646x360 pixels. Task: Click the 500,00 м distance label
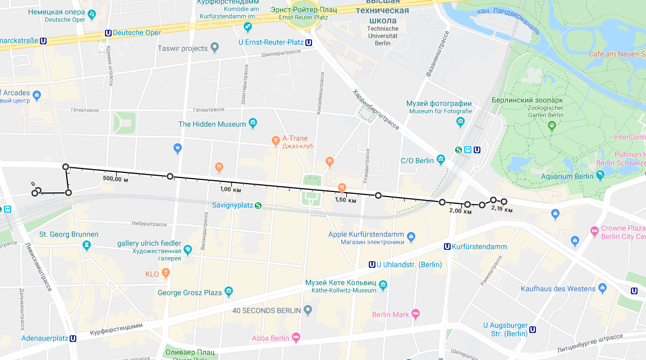pyautogui.click(x=116, y=179)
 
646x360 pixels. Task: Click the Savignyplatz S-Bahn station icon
pyautogui.click(x=258, y=206)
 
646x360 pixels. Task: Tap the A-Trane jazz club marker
pyautogui.click(x=275, y=140)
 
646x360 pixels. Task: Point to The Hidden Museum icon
pyautogui.click(x=253, y=124)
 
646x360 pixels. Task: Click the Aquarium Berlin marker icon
pyautogui.click(x=601, y=176)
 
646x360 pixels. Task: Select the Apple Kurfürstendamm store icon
pyautogui.click(x=411, y=236)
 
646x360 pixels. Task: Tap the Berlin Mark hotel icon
pyautogui.click(x=416, y=314)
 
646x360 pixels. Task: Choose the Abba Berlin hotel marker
pyautogui.click(x=296, y=338)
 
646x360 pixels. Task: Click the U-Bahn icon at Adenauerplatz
pyautogui.click(x=73, y=339)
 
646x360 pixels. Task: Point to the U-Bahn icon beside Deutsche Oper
pyautogui.click(x=108, y=33)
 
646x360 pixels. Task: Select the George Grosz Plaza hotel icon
pyautogui.click(x=229, y=291)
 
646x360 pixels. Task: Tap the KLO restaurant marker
pyautogui.click(x=166, y=274)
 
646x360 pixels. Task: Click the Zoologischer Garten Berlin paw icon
pyautogui.click(x=552, y=125)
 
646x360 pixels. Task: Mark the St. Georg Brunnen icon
pyautogui.click(x=86, y=245)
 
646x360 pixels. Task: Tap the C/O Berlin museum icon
pyautogui.click(x=441, y=160)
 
